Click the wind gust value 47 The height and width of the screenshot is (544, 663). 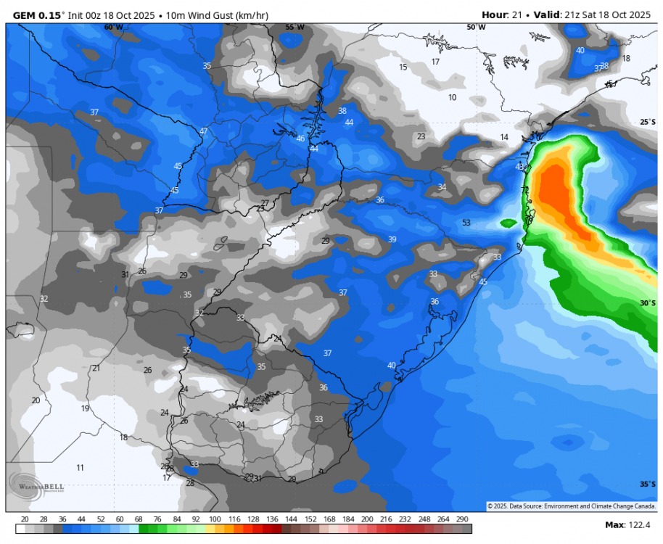coord(204,131)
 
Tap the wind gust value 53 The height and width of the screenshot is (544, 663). coord(466,223)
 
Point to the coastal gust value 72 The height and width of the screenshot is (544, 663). coord(524,190)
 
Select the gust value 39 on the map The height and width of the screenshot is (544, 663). coord(392,239)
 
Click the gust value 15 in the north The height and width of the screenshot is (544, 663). coord(403,67)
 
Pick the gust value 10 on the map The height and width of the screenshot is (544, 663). coord(452,97)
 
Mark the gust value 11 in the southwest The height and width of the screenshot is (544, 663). coord(81,467)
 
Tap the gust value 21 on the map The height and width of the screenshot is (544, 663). coord(96,368)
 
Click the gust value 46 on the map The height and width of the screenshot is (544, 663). coord(301,139)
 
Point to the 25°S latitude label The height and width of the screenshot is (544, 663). coord(648,122)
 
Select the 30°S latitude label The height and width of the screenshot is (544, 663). coord(648,302)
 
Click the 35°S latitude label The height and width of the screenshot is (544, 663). coord(648,484)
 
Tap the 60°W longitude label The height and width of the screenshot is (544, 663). coord(113,27)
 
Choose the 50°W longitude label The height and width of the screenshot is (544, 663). coord(476,27)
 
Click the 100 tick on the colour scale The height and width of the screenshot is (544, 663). coord(215,519)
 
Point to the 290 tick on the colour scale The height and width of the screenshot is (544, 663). coord(462,519)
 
